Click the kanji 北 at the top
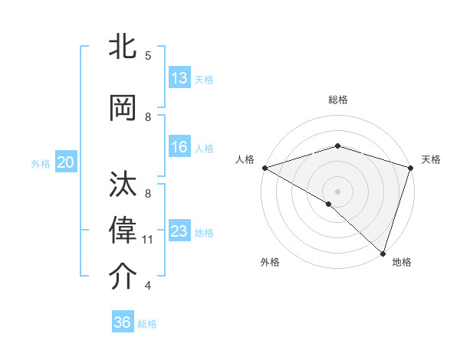tap(123, 46)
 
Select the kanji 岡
tap(123, 106)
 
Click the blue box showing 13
tap(179, 78)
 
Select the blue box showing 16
tap(179, 148)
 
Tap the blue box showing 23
tap(179, 231)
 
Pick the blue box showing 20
tap(66, 162)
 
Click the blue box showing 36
tap(123, 322)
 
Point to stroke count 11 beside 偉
tap(148, 240)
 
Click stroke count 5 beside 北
tap(148, 55)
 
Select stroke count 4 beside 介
tap(148, 286)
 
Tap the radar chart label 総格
tap(338, 100)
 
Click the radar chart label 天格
tap(431, 159)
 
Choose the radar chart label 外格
tap(270, 263)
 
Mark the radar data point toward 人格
tap(264, 168)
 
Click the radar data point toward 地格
tap(383, 253)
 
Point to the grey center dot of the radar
tap(337, 191)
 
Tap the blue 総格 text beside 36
tap(147, 324)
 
